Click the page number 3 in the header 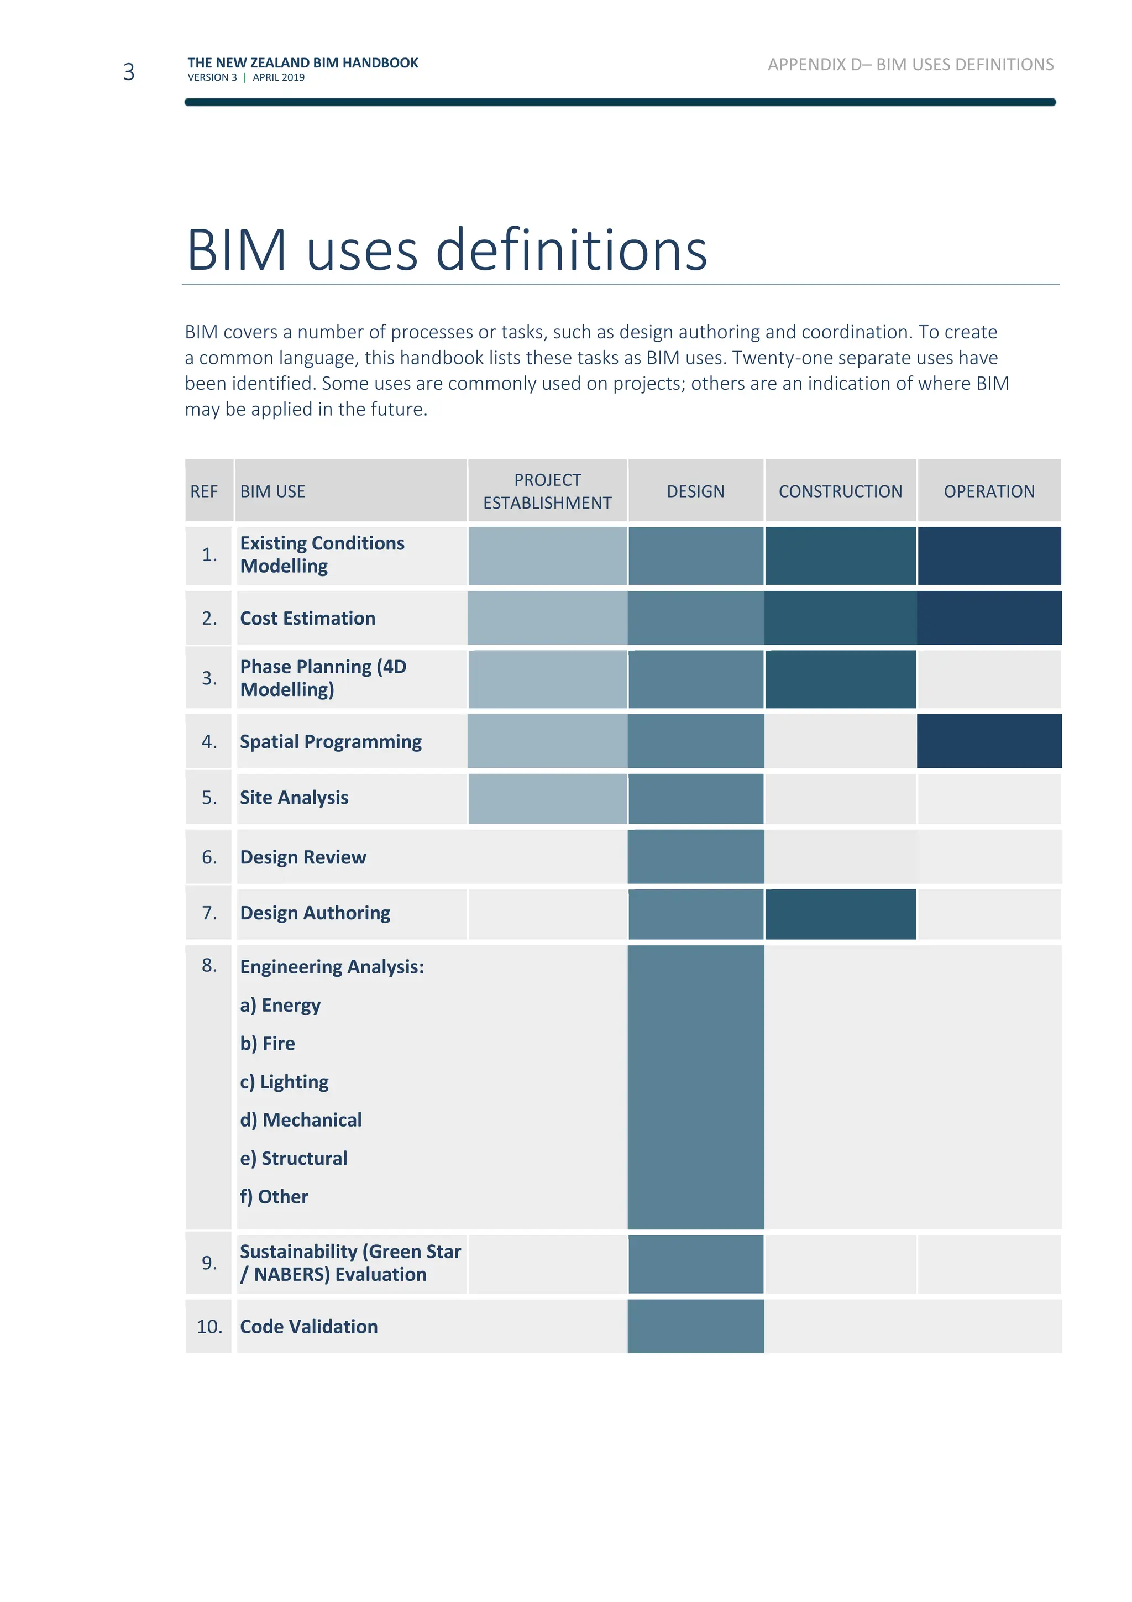coord(128,72)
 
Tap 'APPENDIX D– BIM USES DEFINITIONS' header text coord(910,64)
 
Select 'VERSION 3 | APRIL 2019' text coord(245,77)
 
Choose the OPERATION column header coord(988,491)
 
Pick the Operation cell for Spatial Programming coord(988,741)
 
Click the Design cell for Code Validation coord(695,1326)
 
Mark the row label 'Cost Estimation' coord(307,618)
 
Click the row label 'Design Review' coord(303,857)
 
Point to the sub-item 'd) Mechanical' coord(301,1120)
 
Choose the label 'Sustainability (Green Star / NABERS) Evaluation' coord(349,1263)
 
